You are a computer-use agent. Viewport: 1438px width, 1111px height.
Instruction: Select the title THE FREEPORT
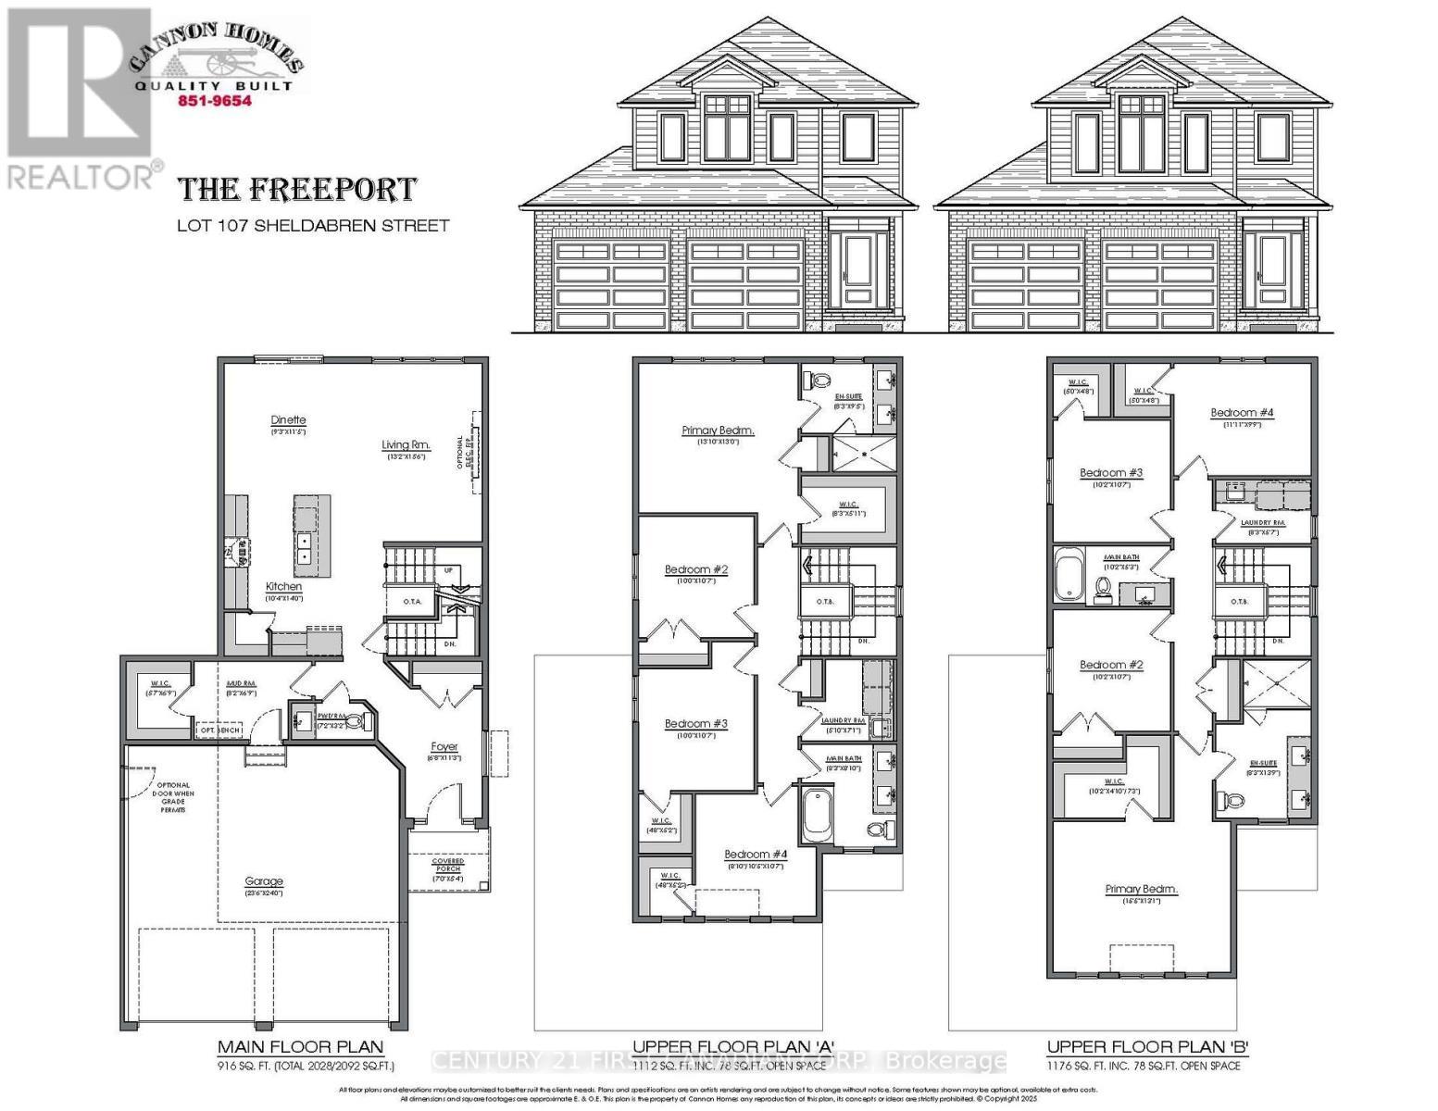coord(297,189)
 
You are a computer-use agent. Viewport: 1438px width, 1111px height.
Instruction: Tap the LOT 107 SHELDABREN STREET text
coord(313,225)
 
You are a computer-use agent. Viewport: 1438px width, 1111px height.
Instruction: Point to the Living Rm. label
coord(406,445)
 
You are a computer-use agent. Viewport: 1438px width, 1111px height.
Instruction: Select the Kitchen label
coord(283,586)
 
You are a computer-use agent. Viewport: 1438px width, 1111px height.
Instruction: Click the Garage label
coord(264,881)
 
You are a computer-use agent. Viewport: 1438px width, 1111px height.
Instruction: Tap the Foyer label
coord(444,746)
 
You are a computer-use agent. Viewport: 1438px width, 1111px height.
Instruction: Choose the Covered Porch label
coord(448,865)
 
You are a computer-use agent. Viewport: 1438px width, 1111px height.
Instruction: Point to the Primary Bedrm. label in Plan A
coord(718,431)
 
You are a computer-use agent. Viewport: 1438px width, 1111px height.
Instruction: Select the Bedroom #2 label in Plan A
coord(695,569)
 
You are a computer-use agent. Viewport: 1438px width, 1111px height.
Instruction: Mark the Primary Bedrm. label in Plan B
coord(1141,889)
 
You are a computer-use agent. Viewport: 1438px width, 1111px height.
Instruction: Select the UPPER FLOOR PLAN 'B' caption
coord(1148,1047)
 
